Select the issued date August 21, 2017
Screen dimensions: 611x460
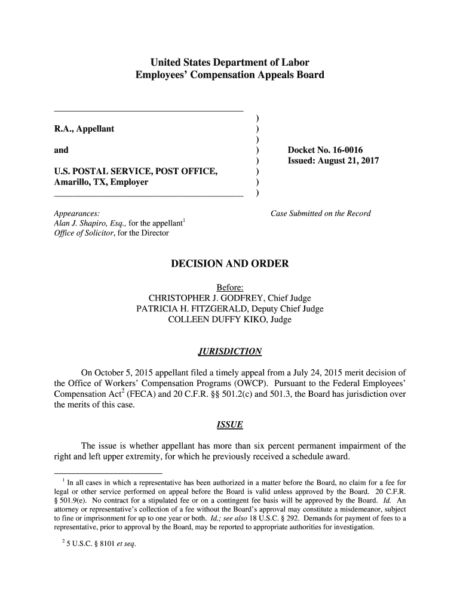click(351, 161)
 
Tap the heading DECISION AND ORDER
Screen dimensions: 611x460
click(230, 264)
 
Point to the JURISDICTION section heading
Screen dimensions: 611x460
click(229, 351)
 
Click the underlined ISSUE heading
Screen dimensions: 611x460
click(229, 425)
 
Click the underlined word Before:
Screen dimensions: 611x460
click(229, 288)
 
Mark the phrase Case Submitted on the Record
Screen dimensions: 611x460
click(321, 214)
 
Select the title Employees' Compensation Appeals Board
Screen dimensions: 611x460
click(229, 75)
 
